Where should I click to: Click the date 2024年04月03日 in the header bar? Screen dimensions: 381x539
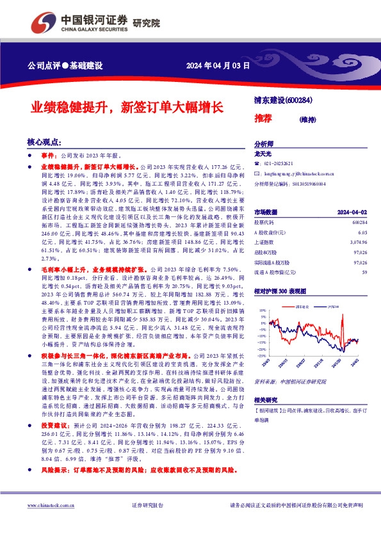[x=217, y=67]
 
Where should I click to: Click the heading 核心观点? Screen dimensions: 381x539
[x=43, y=143]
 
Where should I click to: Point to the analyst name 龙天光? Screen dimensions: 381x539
[x=263, y=154]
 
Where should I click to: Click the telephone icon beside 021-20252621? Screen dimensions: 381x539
[x=257, y=164]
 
